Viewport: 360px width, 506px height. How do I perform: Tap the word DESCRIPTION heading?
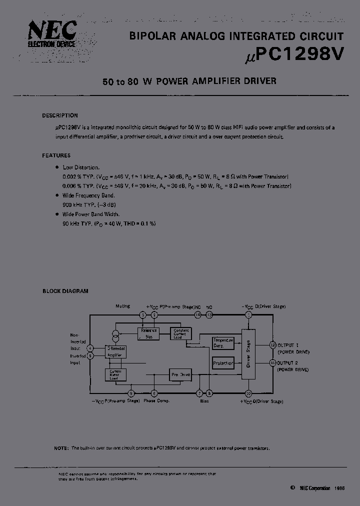tap(59, 115)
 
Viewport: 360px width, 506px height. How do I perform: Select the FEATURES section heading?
tap(56, 155)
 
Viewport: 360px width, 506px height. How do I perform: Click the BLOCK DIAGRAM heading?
tap(65, 291)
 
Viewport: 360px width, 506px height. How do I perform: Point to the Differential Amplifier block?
tap(116, 351)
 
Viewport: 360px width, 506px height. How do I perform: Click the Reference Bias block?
tap(148, 332)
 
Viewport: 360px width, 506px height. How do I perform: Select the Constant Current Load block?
tap(180, 333)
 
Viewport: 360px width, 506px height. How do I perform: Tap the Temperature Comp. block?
tap(223, 343)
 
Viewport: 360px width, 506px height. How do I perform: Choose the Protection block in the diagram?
tap(223, 363)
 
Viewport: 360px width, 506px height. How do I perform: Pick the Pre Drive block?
tap(180, 374)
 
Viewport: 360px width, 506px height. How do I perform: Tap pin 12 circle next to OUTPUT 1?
tap(272, 345)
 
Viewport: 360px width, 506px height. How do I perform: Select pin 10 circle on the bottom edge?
tap(248, 393)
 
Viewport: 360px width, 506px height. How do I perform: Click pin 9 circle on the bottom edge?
tap(131, 393)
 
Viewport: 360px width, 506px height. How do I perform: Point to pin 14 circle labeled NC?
tap(198, 315)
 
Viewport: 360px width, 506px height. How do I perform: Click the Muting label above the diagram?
tap(122, 306)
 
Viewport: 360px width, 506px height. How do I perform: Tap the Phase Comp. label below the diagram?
tap(156, 401)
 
